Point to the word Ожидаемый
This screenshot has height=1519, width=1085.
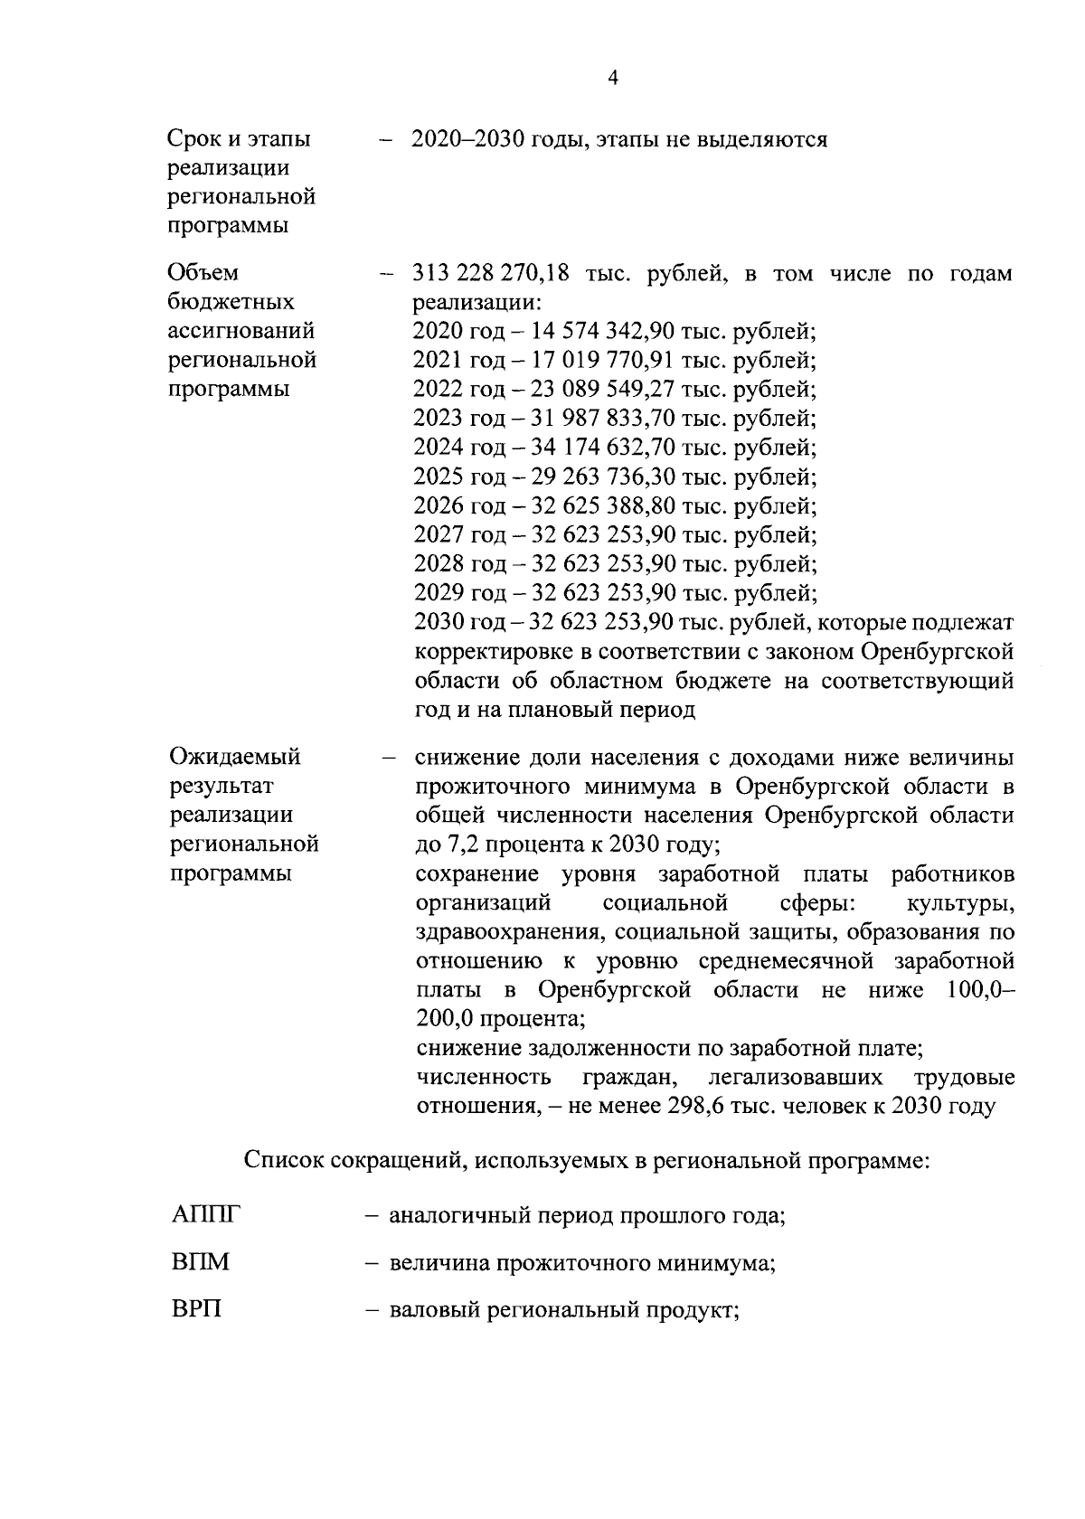(x=234, y=756)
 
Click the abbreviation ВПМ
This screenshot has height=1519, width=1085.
(x=200, y=1261)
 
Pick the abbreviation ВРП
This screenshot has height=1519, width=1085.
(x=196, y=1308)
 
